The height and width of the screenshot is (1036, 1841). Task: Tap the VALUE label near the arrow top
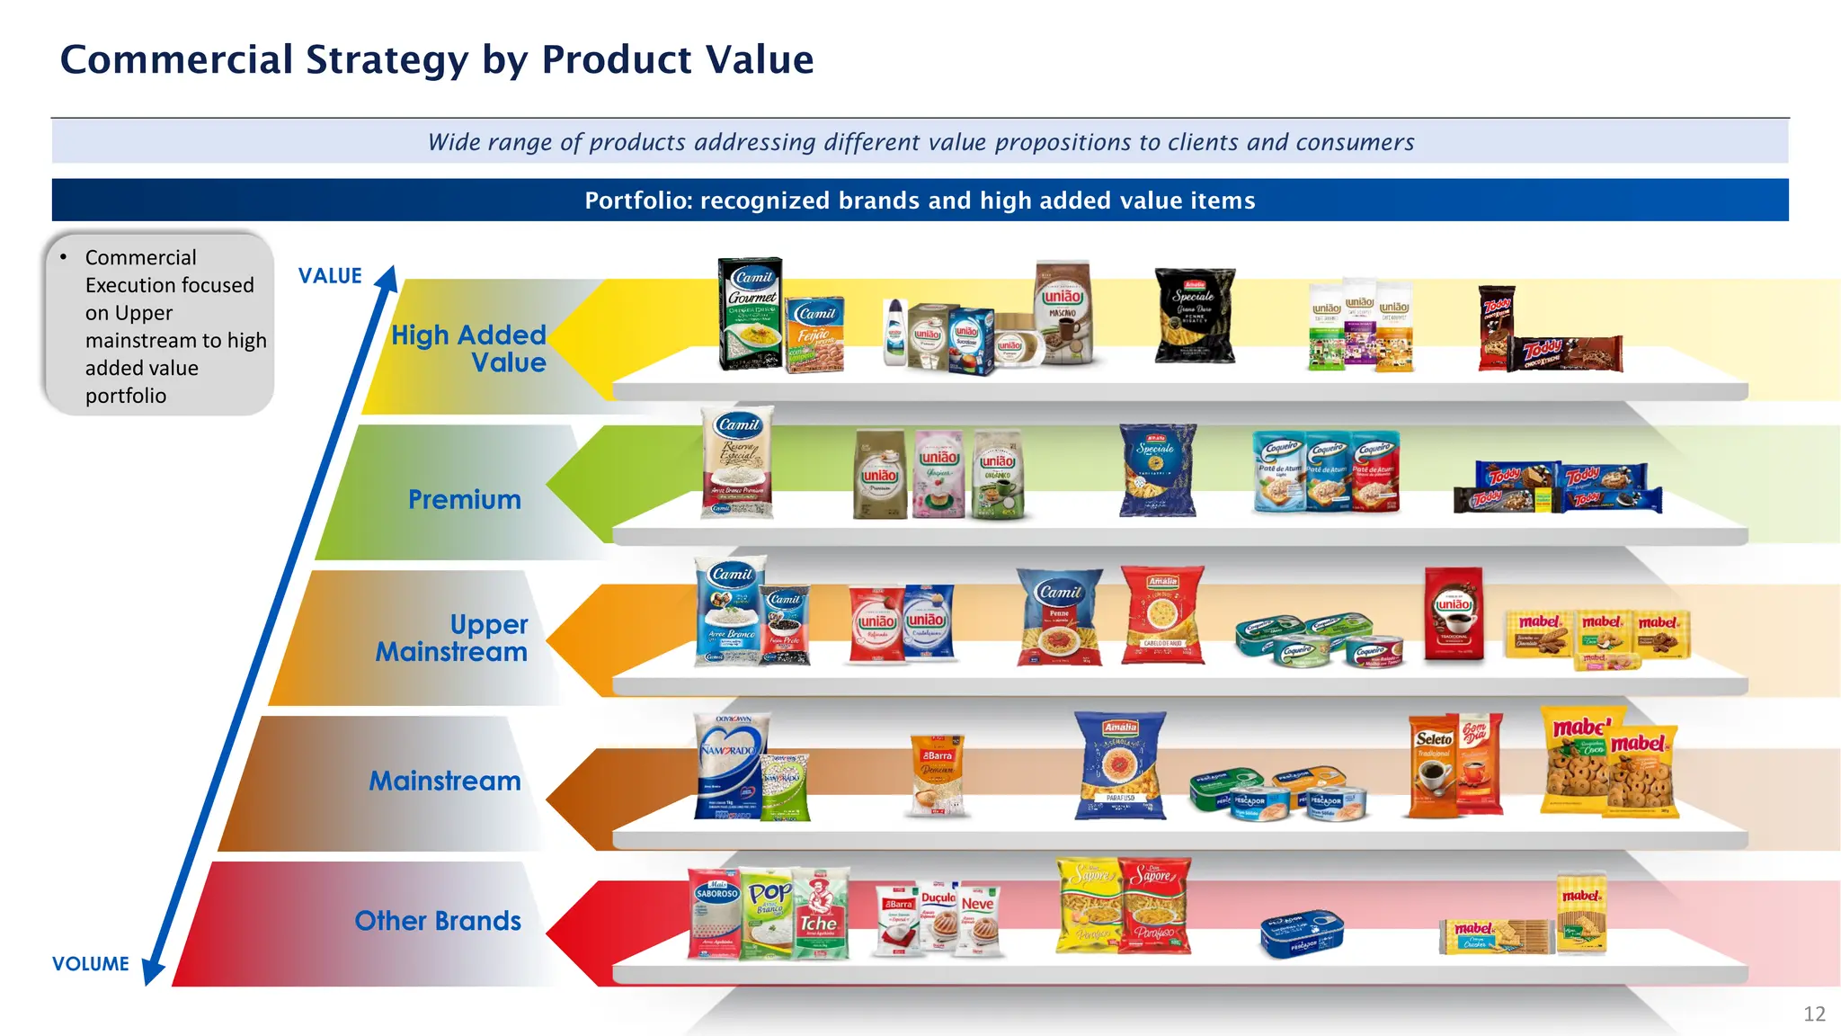(x=330, y=276)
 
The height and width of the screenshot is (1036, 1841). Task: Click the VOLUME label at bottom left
(x=91, y=964)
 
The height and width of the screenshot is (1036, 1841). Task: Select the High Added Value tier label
(x=468, y=349)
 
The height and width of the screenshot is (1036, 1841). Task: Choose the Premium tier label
(x=464, y=500)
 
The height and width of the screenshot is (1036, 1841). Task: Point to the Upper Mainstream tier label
(x=451, y=638)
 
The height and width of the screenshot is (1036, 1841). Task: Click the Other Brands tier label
(x=438, y=921)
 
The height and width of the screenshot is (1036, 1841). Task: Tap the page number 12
(x=1814, y=1014)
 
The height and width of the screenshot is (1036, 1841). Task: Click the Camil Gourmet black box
(x=751, y=314)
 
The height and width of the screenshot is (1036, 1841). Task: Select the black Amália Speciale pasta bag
(x=1195, y=316)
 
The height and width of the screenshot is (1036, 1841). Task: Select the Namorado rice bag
(x=730, y=766)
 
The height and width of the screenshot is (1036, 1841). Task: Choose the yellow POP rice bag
(x=769, y=913)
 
